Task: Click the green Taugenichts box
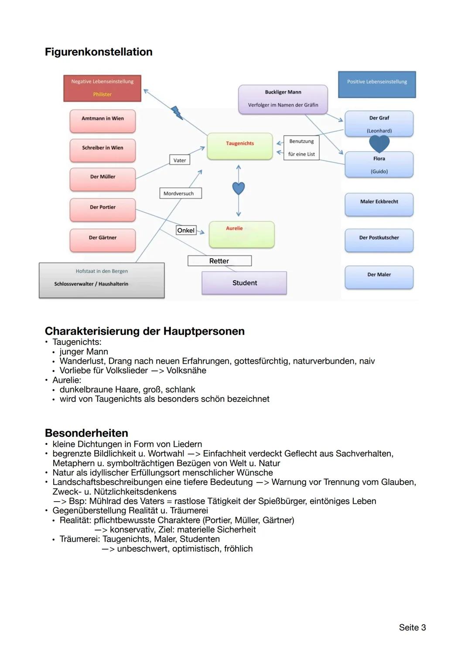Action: [x=240, y=146]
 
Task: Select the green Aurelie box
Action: [x=242, y=234]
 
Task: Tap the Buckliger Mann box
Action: [x=283, y=99]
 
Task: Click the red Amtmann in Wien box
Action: [x=102, y=120]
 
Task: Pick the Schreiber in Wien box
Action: [x=102, y=150]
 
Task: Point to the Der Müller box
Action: [x=102, y=179]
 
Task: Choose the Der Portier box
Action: [x=102, y=209]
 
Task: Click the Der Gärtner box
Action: [x=102, y=240]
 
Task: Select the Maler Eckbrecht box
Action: [x=379, y=204]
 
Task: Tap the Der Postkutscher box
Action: [x=379, y=240]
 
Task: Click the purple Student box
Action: [x=244, y=283]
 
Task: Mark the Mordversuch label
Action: [x=179, y=193]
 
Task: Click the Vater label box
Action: [x=180, y=160]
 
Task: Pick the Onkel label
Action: [x=186, y=230]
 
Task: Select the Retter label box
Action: [x=219, y=261]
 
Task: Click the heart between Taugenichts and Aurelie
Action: [x=239, y=188]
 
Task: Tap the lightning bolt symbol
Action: [x=177, y=113]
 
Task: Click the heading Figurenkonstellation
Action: [x=99, y=52]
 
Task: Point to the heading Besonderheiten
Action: [x=86, y=433]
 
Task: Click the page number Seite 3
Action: [x=412, y=627]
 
